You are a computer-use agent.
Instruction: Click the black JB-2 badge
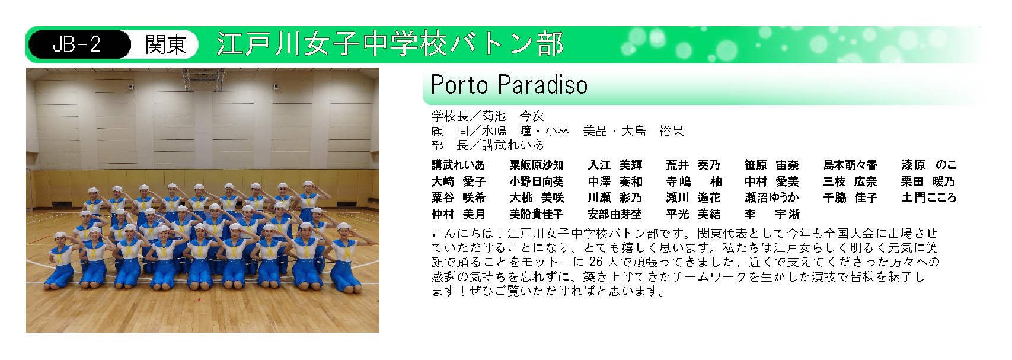click(x=79, y=44)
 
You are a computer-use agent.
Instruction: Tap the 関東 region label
click(x=166, y=44)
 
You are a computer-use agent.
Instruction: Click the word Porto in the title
click(x=459, y=85)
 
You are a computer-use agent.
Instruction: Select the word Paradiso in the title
click(x=542, y=85)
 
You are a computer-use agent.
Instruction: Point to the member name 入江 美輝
click(x=615, y=165)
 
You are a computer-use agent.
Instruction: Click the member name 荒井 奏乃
click(x=693, y=165)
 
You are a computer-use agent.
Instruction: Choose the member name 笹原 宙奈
click(x=772, y=165)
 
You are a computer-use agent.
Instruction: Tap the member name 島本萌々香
click(x=850, y=165)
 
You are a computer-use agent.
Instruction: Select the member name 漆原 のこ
click(x=929, y=165)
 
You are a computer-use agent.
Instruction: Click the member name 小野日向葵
click(x=537, y=181)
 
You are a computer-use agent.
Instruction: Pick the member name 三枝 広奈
click(x=850, y=181)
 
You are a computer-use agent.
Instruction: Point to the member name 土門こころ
click(x=929, y=198)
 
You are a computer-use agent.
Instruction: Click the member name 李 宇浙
click(x=772, y=214)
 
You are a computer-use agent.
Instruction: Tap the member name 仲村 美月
click(x=458, y=214)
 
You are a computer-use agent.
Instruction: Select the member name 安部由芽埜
click(x=615, y=214)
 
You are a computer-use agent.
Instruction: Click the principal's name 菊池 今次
click(x=513, y=116)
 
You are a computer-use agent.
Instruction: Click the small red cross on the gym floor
click(x=199, y=300)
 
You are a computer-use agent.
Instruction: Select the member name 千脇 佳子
click(x=850, y=198)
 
